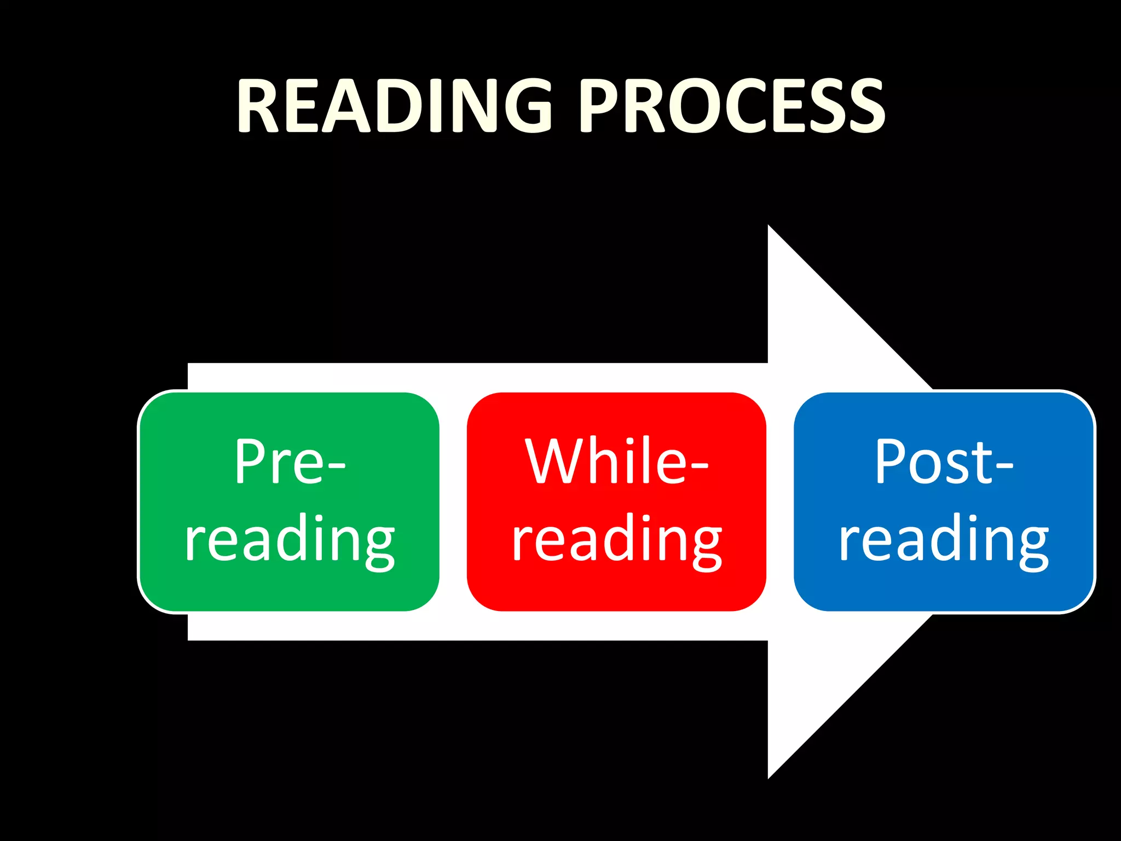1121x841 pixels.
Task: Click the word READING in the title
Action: (x=394, y=105)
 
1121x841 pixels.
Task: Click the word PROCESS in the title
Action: (x=732, y=105)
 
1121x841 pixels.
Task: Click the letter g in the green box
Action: (x=378, y=545)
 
